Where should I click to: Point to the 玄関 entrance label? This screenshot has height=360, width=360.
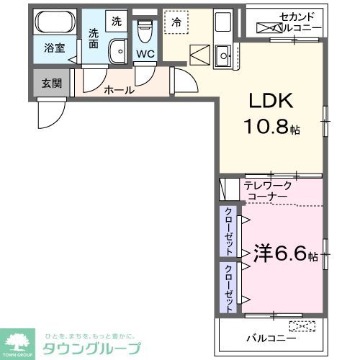[x=51, y=84]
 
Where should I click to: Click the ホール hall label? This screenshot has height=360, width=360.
[x=118, y=91]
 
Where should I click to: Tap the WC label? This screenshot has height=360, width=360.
[x=145, y=53]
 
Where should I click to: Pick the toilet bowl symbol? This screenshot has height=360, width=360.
[x=145, y=30]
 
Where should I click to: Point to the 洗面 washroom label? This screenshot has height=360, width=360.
[x=94, y=37]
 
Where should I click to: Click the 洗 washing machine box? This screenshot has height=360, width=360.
[x=117, y=21]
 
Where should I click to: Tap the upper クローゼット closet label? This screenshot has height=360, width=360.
[x=228, y=230]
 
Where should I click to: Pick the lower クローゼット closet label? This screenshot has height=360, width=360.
[x=228, y=287]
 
